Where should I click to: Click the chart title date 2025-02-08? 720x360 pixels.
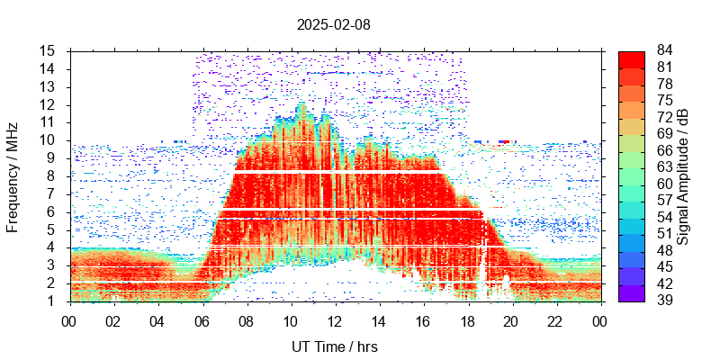333,24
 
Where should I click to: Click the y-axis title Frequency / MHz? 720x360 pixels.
13,175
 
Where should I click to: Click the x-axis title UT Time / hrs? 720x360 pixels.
334,346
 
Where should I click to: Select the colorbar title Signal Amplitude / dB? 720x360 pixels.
683,176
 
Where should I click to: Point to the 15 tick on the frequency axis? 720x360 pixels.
49,50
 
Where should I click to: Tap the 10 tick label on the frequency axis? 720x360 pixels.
49,140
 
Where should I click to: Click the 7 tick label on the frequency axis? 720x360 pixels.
52,193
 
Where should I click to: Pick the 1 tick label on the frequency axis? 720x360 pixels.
52,301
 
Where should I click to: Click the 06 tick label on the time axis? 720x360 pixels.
202,319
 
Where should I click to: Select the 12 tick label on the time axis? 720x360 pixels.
334,319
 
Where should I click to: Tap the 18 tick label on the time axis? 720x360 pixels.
467,319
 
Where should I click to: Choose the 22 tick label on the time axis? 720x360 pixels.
555,319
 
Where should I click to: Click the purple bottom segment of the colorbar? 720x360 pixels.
631,293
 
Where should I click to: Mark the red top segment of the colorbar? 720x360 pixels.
631,59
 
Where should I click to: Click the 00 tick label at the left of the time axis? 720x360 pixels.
69,319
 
